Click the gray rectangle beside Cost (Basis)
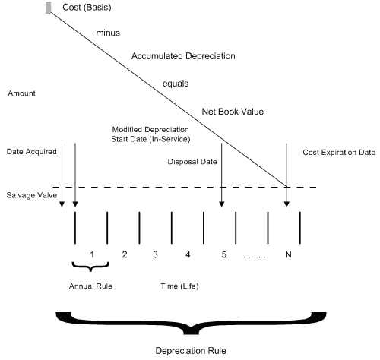point(49,8)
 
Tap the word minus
point(109,34)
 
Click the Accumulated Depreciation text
point(182,56)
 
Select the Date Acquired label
point(32,152)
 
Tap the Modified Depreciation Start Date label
point(148,134)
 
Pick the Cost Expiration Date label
point(339,152)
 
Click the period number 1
point(91,254)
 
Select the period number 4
point(187,254)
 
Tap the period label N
point(287,254)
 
